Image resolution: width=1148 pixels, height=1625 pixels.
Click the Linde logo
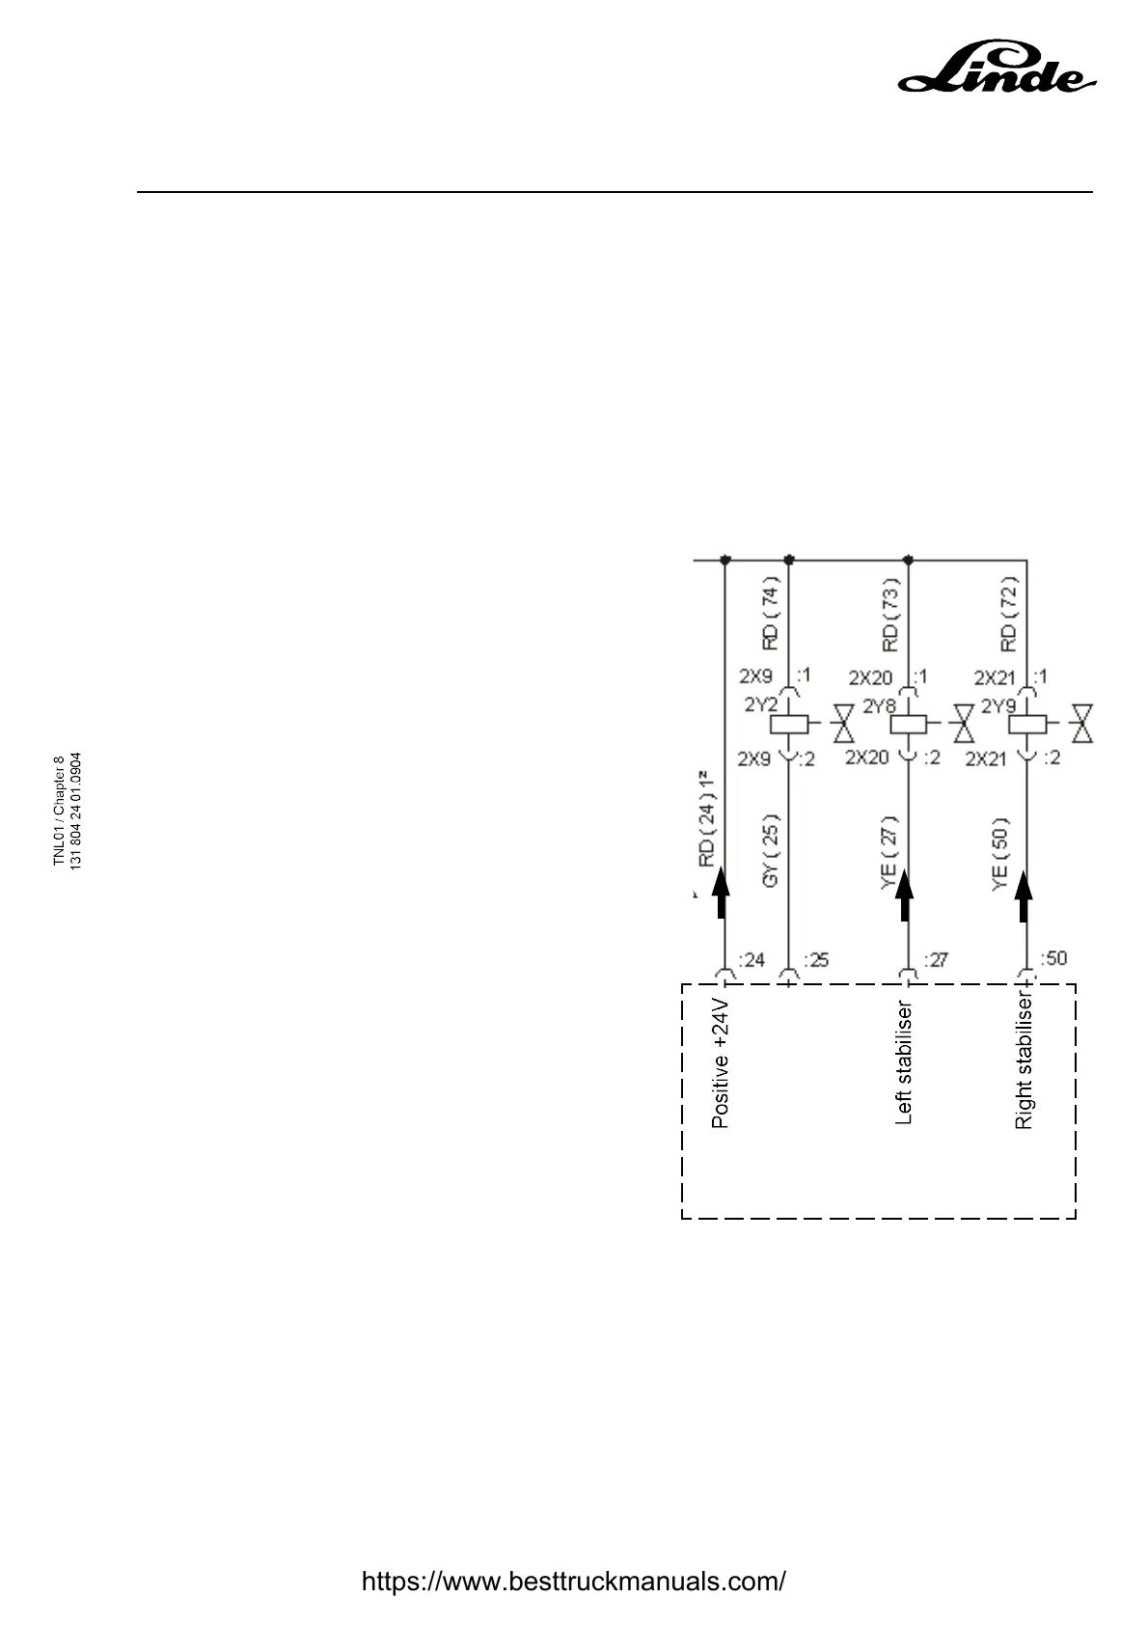998,69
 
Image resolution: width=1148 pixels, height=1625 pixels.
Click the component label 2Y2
760,705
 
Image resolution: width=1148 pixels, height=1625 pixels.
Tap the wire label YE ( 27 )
889,852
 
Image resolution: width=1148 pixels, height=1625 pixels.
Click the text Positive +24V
720,1063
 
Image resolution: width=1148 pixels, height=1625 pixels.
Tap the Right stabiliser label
1024,1061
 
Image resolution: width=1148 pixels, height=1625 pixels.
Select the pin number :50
1053,958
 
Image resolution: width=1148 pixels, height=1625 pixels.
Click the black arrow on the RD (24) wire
721,894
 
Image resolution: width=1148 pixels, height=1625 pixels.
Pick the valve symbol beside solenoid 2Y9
1085,723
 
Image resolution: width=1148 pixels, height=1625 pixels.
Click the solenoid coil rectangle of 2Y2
789,724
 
